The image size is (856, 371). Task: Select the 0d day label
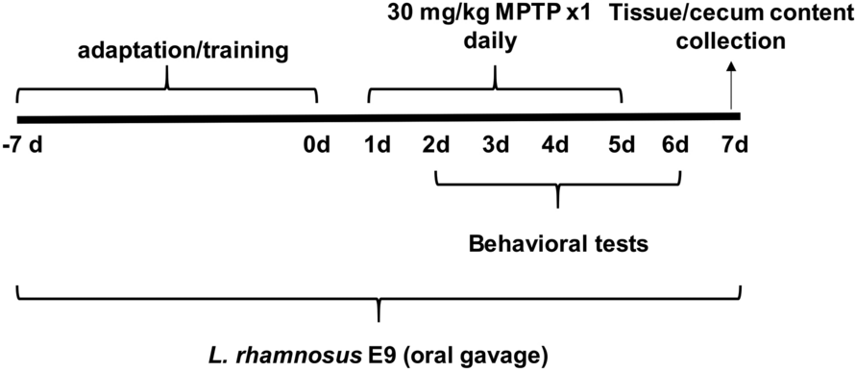316,146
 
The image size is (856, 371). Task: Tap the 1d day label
377,146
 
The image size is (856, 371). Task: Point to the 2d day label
436,146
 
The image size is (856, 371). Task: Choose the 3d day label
496,146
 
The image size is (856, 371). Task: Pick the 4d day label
555,146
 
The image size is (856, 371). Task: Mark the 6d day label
676,146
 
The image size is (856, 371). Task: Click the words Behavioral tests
558,244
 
